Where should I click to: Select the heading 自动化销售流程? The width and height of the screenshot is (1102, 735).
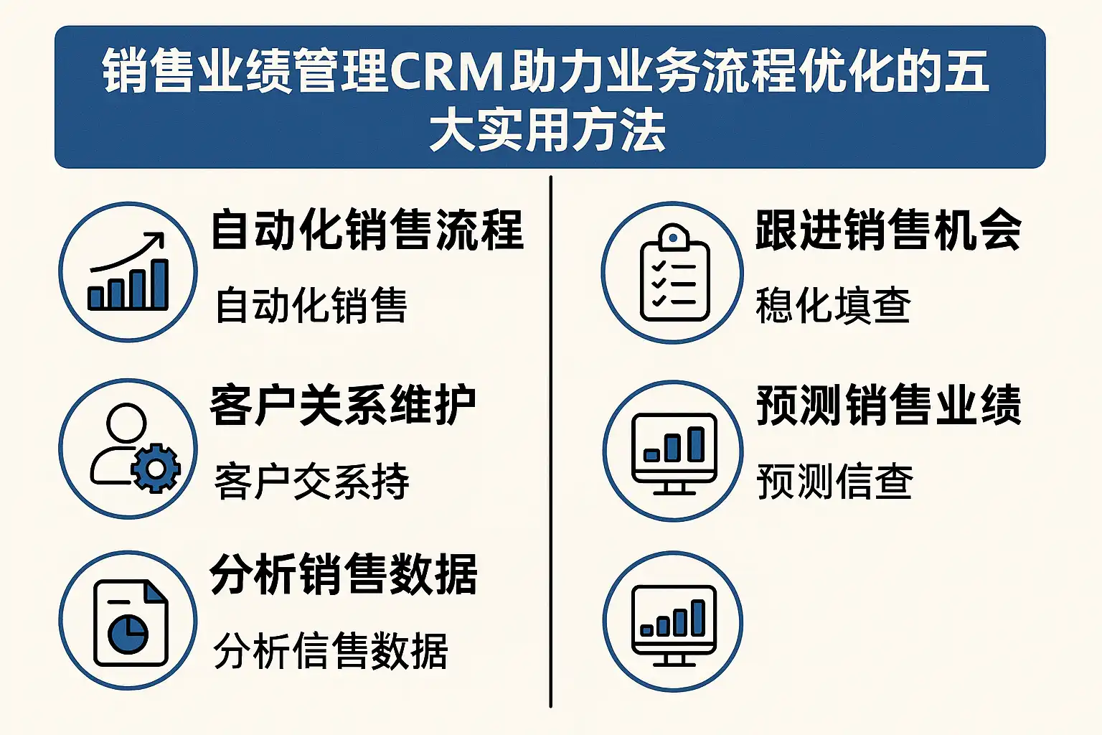coord(367,230)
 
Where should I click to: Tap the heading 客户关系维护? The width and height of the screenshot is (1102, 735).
coord(343,406)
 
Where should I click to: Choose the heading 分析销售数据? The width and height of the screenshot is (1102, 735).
coord(344,575)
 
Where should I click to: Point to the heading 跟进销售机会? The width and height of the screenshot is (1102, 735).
coord(888,230)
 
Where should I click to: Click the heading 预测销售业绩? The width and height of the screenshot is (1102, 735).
coord(888,406)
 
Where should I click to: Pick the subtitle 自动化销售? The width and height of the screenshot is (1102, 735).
coord(311,306)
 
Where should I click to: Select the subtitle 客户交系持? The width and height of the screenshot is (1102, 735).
coord(312,482)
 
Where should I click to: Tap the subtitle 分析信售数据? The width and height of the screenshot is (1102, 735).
coord(331,652)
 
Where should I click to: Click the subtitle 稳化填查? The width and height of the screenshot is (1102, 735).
coord(833,306)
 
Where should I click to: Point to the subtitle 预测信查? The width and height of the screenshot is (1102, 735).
coord(834,482)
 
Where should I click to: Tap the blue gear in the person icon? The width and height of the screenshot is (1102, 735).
coord(156,469)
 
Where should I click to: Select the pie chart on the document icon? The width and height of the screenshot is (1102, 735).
coord(128,632)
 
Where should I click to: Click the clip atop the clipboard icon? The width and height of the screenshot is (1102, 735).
coord(674,237)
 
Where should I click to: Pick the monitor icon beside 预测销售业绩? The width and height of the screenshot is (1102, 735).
coord(674,452)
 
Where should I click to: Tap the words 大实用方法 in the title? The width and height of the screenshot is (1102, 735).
coord(547,132)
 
